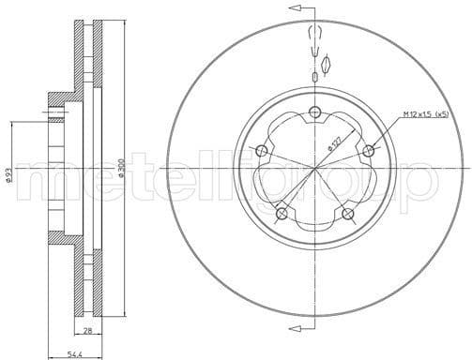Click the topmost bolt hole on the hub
click(314, 113)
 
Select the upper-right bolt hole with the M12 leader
click(369, 150)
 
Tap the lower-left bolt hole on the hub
click(281, 214)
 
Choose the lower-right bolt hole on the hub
click(348, 214)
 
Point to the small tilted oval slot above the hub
click(327, 64)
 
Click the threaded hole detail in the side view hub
click(56, 114)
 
